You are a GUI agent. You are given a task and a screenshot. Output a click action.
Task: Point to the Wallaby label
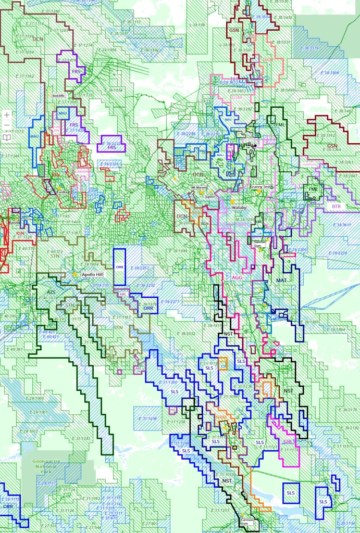(x=239, y=207)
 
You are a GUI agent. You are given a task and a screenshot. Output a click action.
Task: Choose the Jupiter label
(x=210, y=197)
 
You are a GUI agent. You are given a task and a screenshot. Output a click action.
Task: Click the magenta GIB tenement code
(x=288, y=442)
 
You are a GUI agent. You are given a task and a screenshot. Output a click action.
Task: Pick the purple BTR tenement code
(x=336, y=207)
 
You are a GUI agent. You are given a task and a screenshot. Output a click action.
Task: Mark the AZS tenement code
(x=51, y=293)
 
